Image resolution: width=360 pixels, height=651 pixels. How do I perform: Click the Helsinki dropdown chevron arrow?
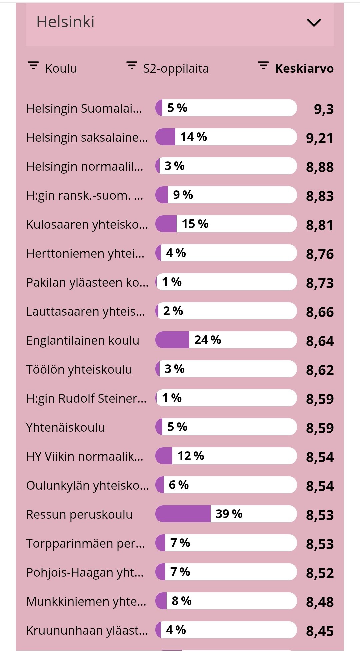coord(314,23)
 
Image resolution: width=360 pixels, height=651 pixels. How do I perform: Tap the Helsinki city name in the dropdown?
coord(65,22)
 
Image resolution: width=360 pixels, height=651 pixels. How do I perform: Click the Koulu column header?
coord(61,68)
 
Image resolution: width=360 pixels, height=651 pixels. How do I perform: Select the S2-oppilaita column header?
coord(176,68)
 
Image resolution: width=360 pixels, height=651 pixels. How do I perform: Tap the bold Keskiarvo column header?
coord(304,68)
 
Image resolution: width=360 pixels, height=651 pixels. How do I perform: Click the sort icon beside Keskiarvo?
coord(263,65)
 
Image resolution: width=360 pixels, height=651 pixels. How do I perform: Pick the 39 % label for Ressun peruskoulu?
coord(229,514)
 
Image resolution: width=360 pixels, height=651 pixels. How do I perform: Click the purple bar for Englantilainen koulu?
coord(172,340)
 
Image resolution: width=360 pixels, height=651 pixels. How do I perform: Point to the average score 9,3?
coord(324,109)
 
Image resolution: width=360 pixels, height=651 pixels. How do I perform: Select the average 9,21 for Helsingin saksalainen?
coord(320,138)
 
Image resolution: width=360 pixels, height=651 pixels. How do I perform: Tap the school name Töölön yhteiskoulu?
coord(79,369)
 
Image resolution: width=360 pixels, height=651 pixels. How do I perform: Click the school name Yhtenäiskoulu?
coord(65,427)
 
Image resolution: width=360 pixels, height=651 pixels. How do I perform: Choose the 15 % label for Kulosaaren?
coord(195,224)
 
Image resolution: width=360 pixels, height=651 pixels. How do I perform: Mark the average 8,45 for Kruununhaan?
coord(320,631)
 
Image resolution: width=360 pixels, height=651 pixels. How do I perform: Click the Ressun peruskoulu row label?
coord(79,514)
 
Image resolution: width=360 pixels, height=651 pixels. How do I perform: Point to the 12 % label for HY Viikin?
coord(191,456)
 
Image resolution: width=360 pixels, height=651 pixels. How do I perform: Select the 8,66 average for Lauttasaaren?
coord(320,312)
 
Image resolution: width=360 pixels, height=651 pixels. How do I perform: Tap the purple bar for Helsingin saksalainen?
coord(166,137)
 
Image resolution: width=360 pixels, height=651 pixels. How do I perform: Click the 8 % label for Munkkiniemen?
coord(181,601)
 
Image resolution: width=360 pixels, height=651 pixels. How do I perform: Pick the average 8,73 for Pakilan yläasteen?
coord(320,283)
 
